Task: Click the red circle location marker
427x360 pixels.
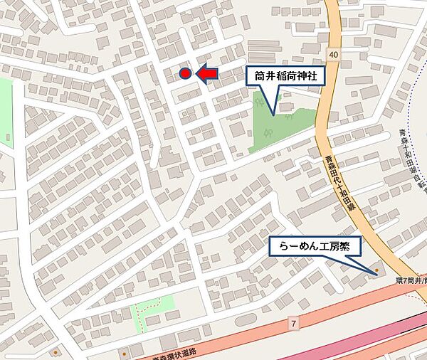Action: point(185,73)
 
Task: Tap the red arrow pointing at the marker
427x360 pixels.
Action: point(206,73)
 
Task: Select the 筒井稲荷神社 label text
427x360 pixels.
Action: point(287,76)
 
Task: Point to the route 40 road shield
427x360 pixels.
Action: point(334,55)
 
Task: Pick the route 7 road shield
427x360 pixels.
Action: point(293,324)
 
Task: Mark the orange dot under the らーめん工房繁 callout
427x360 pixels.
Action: point(376,271)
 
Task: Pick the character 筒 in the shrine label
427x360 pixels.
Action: point(258,76)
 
